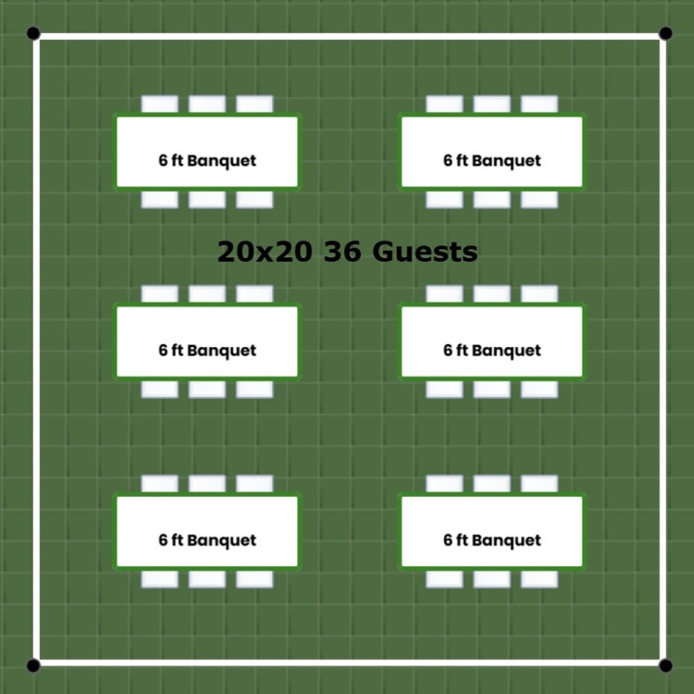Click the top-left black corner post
pyautogui.click(x=33, y=33)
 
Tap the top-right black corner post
pyautogui.click(x=665, y=33)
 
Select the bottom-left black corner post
pyautogui.click(x=33, y=665)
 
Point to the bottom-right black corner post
pyautogui.click(x=665, y=665)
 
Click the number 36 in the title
pyautogui.click(x=341, y=252)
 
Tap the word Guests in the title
pyautogui.click(x=425, y=252)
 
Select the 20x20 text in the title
pyautogui.click(x=265, y=252)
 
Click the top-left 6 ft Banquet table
pyautogui.click(x=207, y=152)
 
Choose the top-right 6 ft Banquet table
pyautogui.click(x=491, y=152)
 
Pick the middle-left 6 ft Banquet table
pyautogui.click(x=207, y=341)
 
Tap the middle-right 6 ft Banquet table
pyautogui.click(x=491, y=341)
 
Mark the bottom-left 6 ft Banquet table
pyautogui.click(x=207, y=531)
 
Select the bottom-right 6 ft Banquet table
pyautogui.click(x=491, y=531)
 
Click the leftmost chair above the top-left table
pyautogui.click(x=160, y=105)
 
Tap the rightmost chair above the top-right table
pyautogui.click(x=539, y=105)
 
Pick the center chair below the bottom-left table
pyautogui.click(x=207, y=579)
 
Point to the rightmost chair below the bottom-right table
pyautogui.click(x=539, y=579)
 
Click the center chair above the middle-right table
pyautogui.click(x=491, y=294)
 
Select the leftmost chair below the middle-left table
pyautogui.click(x=160, y=389)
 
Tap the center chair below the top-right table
pyautogui.click(x=491, y=199)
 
